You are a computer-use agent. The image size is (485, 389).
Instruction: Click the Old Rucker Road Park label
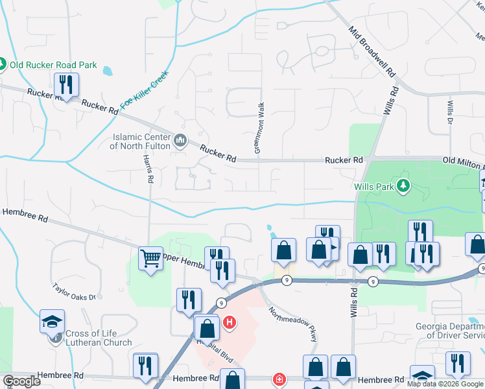(x=53, y=65)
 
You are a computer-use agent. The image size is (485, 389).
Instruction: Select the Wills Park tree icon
(x=404, y=186)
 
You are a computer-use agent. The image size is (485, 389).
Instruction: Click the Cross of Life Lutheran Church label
(x=98, y=338)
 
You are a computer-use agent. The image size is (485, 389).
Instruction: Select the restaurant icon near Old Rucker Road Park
(x=65, y=84)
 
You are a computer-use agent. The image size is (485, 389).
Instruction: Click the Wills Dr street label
(x=449, y=112)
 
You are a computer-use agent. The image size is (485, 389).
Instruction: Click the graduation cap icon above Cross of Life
(x=52, y=321)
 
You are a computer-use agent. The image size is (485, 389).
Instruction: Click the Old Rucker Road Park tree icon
(x=3, y=65)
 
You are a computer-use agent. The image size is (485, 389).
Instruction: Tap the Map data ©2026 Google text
(x=445, y=384)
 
